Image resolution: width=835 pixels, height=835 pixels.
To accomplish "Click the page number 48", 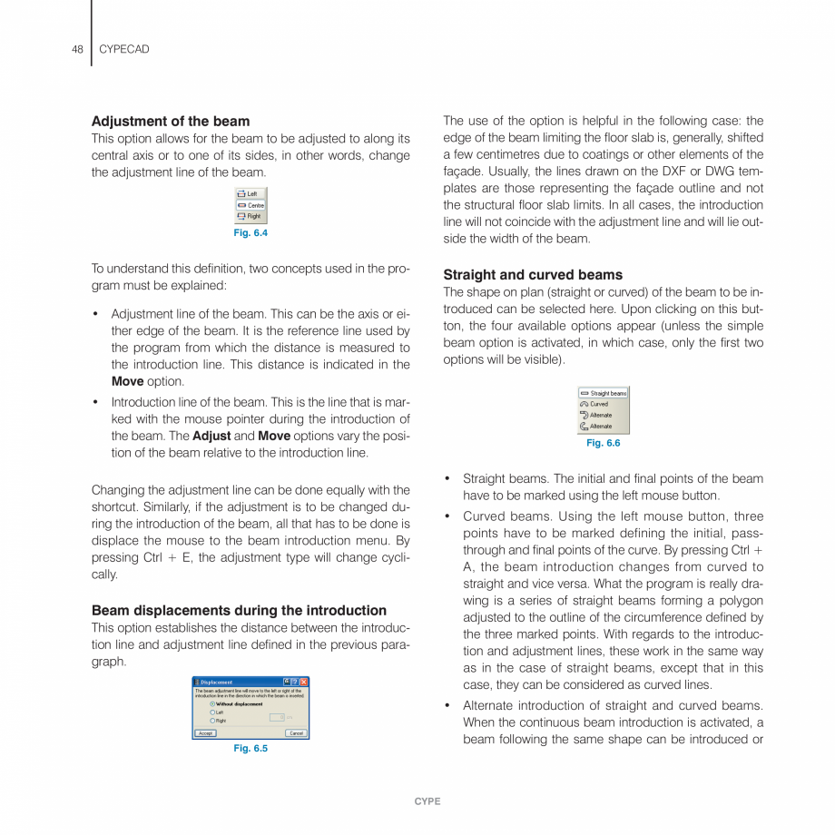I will coord(77,49).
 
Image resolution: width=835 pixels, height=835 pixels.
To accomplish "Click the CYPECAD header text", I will coord(123,49).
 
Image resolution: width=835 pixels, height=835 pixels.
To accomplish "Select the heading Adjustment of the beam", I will coord(171,121).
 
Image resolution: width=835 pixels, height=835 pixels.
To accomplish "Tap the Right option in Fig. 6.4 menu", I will coord(250,216).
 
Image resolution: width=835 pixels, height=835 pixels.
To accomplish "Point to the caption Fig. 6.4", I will coord(250,233).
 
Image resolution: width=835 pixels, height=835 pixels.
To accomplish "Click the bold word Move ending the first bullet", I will coord(127,381).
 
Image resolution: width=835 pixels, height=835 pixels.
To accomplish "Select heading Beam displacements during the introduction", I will coord(239,610).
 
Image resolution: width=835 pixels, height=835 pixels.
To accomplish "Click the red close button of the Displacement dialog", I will coord(304,682).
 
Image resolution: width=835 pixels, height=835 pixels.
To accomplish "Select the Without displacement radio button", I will coord(212,703).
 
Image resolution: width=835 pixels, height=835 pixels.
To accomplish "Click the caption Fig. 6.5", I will coord(250,748).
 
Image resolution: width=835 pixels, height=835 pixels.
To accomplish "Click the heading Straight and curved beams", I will coord(533,274).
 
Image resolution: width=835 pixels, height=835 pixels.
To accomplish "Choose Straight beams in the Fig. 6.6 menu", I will coord(604,393).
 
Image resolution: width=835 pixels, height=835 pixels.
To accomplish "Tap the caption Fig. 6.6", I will coord(604,443).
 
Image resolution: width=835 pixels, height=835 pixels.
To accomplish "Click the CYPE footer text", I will coord(427,801).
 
